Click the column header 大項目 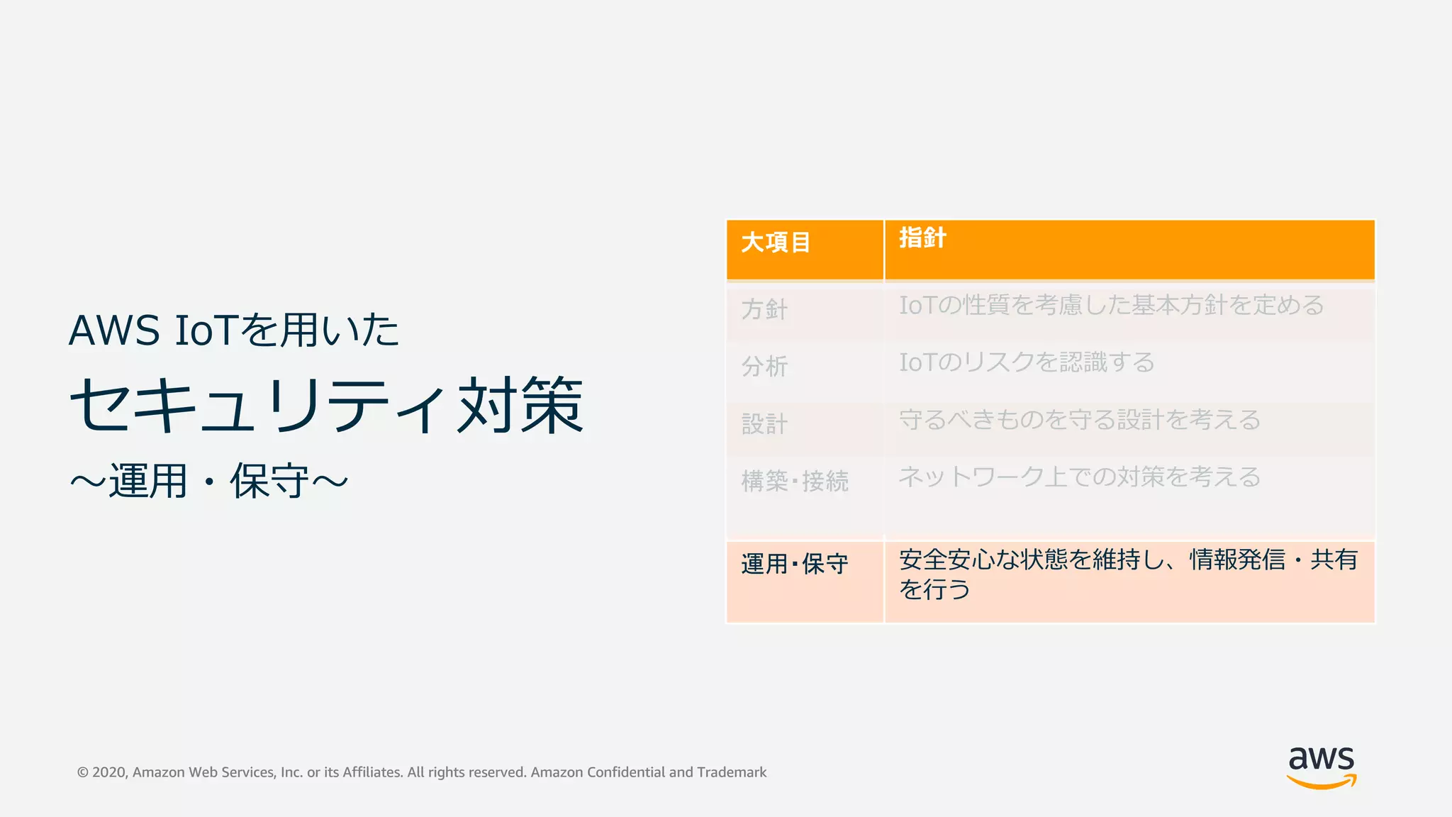(x=776, y=243)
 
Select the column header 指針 (x=922, y=238)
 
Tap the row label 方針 (x=764, y=309)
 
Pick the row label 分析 (x=764, y=367)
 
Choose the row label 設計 (x=764, y=424)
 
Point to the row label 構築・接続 (x=795, y=482)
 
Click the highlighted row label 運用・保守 (x=795, y=565)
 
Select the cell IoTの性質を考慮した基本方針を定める (x=1111, y=306)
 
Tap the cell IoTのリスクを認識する (x=1027, y=363)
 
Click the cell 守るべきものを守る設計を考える (x=1079, y=421)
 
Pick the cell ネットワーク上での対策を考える (x=1079, y=477)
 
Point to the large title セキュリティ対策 (x=327, y=406)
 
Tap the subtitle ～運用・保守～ (x=209, y=482)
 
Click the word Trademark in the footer (x=732, y=772)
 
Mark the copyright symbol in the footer (x=83, y=773)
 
